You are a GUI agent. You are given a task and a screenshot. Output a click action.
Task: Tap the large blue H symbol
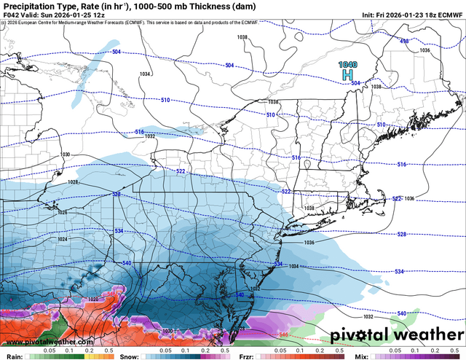[349, 75]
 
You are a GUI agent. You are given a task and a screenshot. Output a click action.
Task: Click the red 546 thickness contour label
[283, 334]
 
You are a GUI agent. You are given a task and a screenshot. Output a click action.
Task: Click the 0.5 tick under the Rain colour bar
[108, 351]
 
